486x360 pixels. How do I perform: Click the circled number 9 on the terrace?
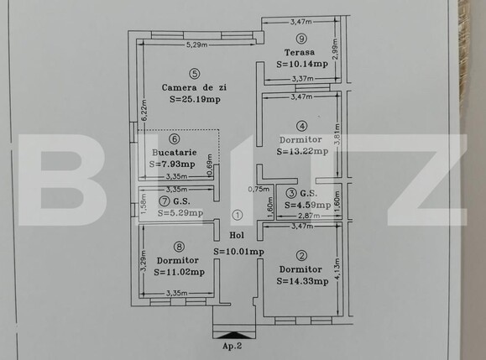(x=301, y=38)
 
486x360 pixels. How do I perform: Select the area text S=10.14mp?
(x=301, y=62)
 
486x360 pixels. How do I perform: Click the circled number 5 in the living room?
(x=194, y=74)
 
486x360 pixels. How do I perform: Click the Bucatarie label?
(x=175, y=153)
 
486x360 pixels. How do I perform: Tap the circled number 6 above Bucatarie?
(x=175, y=140)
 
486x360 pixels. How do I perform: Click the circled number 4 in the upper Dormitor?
(x=301, y=126)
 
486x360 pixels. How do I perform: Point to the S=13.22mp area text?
(x=301, y=151)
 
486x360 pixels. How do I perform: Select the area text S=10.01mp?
(x=238, y=250)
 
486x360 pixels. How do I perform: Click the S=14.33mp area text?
(x=302, y=280)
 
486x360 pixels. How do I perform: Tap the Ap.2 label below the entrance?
(x=233, y=345)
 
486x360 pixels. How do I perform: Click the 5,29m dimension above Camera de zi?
(x=196, y=44)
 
